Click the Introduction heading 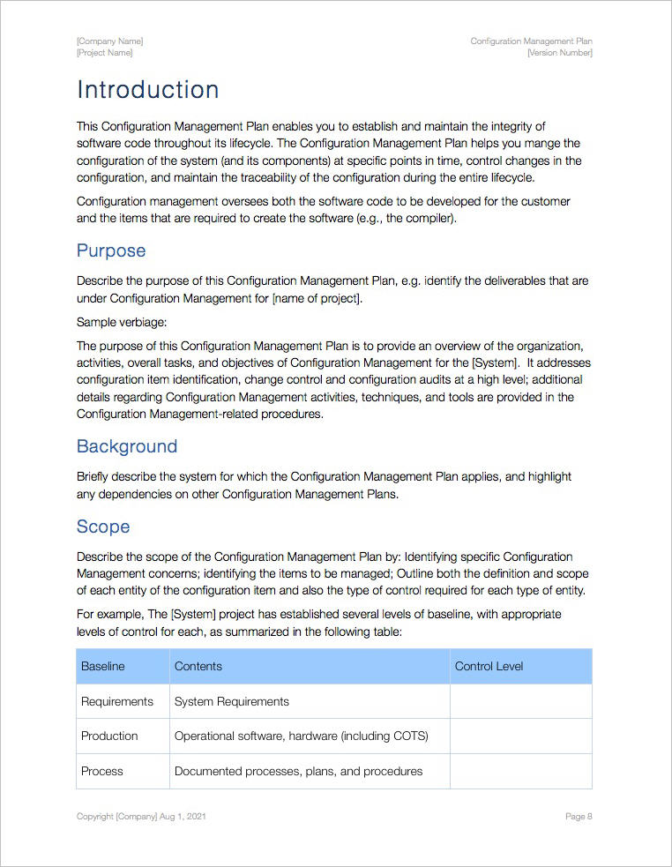[147, 90]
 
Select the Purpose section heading [111, 250]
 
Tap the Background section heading [127, 446]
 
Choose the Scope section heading [103, 527]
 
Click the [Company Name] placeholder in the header [109, 41]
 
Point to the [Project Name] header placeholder [105, 53]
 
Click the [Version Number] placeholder [559, 53]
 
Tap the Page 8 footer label [579, 817]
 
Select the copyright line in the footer [141, 817]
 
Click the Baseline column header [103, 667]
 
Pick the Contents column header [198, 667]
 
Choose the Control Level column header [489, 667]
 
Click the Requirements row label [117, 701]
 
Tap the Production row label [109, 736]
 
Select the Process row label [102, 771]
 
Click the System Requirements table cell [232, 701]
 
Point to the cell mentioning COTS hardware [302, 736]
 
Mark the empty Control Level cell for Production [520, 736]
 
